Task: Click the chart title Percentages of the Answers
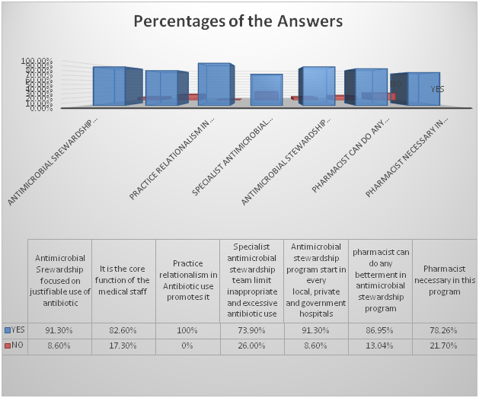238,21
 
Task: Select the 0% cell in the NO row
187,344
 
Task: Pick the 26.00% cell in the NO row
251,344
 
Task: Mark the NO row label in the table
13,344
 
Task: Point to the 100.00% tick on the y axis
37,60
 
